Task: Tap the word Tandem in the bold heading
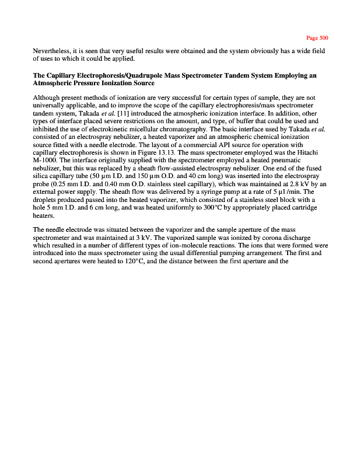[x=254, y=75]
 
